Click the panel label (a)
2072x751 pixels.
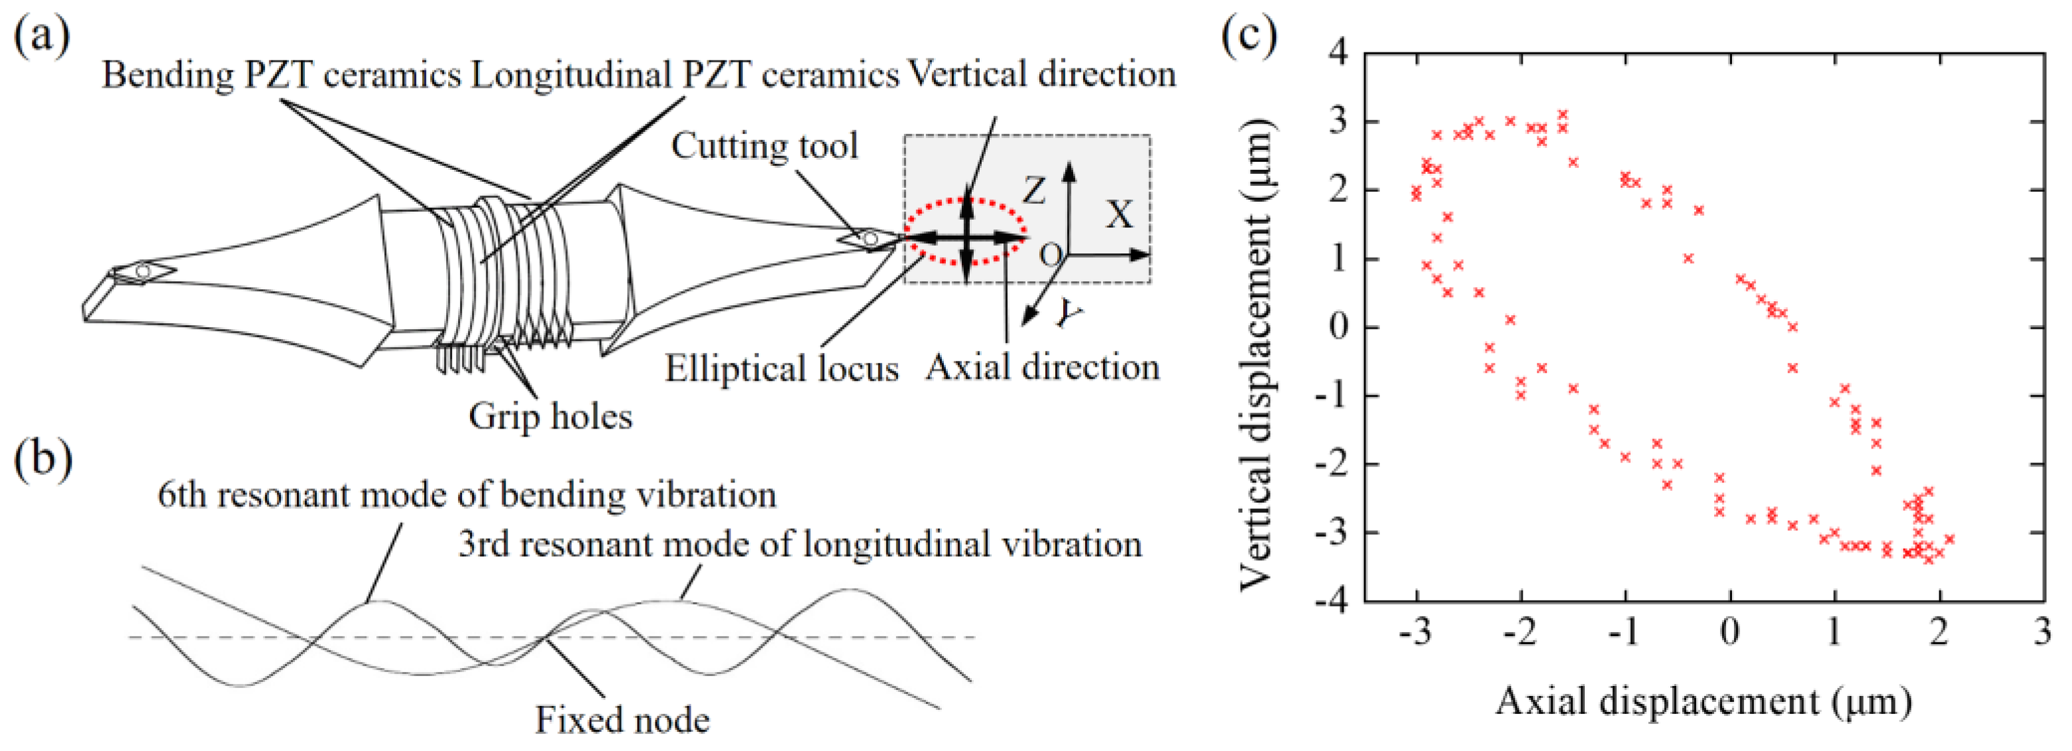click(x=42, y=36)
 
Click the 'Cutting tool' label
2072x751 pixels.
click(x=764, y=147)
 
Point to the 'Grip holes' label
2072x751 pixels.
click(x=550, y=416)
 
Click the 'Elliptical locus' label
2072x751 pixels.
click(x=781, y=369)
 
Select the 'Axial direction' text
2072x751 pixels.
click(x=1043, y=367)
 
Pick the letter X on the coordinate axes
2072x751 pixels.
click(x=1119, y=215)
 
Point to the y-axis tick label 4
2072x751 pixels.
click(x=1338, y=53)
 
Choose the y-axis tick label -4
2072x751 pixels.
click(x=1331, y=600)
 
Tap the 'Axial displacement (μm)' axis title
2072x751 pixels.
click(x=1703, y=702)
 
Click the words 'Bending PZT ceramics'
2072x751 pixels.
click(x=282, y=75)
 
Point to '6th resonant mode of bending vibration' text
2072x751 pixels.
click(x=467, y=495)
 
